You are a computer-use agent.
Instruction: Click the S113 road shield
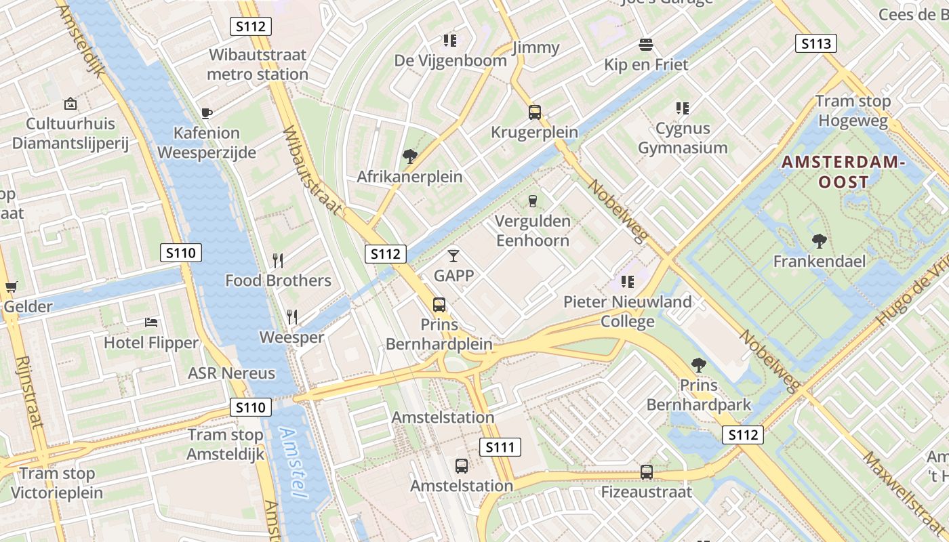(815, 44)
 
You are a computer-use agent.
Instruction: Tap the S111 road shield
(501, 447)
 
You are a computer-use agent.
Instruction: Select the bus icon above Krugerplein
(535, 112)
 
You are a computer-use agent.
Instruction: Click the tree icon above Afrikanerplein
(409, 157)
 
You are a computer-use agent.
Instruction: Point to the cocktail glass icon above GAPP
(453, 256)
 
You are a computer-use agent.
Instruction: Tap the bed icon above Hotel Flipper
(151, 323)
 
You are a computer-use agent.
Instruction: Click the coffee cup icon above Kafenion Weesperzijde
(207, 113)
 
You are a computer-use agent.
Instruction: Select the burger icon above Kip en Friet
(646, 45)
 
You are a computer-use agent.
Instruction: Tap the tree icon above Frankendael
(819, 241)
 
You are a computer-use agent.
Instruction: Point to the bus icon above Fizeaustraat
(647, 472)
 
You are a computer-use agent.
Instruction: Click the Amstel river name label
(291, 464)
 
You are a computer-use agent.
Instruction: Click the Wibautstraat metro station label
(258, 64)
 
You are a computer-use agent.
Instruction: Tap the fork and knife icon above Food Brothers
(277, 260)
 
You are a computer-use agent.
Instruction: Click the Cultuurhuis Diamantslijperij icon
(70, 104)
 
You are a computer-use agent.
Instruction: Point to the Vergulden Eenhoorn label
(533, 230)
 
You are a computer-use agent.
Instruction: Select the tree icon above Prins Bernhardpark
(698, 366)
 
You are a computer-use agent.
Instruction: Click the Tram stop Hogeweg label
(853, 111)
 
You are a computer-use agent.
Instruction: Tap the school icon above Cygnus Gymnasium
(682, 108)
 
